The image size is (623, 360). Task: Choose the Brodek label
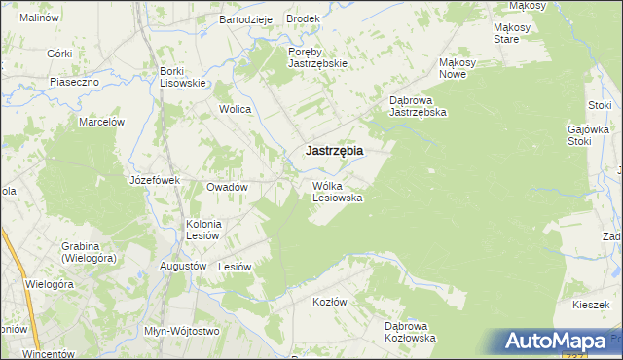pos(303,19)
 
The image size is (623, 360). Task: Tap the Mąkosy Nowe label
pos(458,68)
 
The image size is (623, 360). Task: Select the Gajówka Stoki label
pos(588,135)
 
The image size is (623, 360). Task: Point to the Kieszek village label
pos(591,305)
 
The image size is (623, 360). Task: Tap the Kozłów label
pos(329,302)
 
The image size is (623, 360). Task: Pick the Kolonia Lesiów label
pos(204,230)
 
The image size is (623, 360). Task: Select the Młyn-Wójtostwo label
pos(180,331)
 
